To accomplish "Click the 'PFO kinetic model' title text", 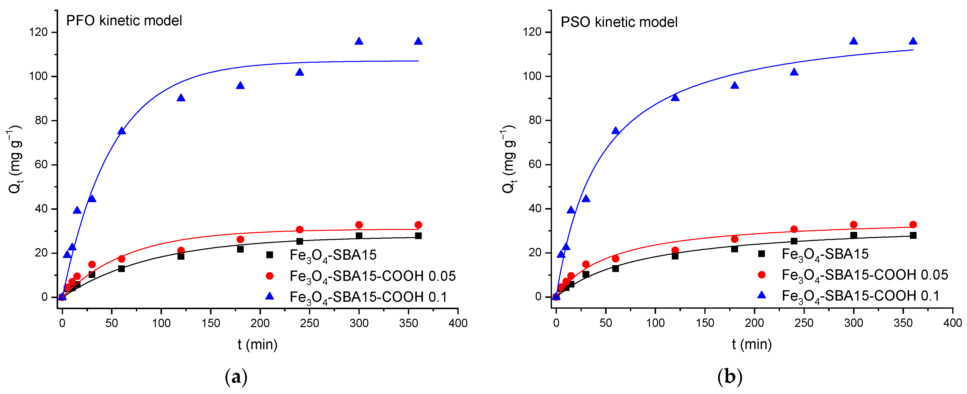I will click(124, 21).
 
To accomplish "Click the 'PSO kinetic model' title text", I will click(619, 22).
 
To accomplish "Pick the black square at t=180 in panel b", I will click(735, 249).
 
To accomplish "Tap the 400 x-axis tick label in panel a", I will click(458, 323).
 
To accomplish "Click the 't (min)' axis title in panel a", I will click(258, 344).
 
